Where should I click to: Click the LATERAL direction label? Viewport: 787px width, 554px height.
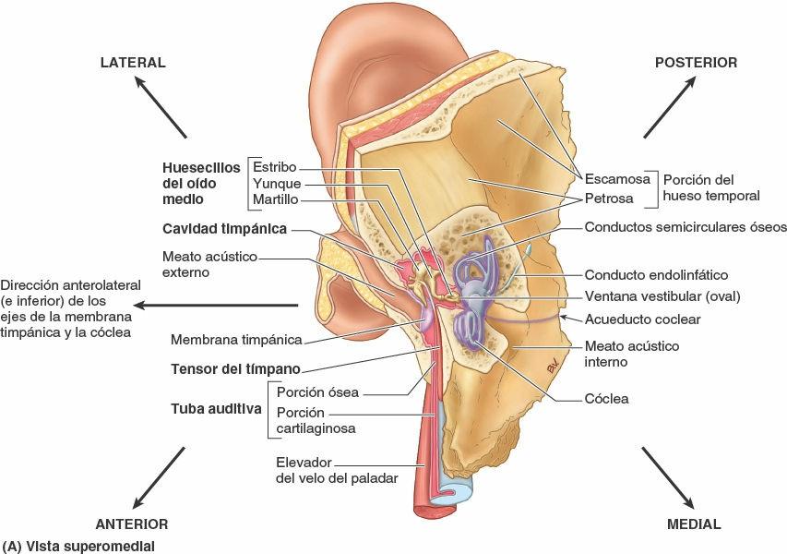tap(132, 63)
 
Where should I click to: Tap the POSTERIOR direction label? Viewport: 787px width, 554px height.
tap(696, 63)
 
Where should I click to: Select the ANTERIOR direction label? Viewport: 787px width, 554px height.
tap(132, 524)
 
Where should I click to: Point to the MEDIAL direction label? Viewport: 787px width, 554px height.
tap(693, 524)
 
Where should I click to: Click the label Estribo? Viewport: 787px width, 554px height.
tap(274, 167)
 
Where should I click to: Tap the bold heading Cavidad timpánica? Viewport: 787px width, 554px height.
tap(224, 228)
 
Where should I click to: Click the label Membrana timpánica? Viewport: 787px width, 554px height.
tap(250, 340)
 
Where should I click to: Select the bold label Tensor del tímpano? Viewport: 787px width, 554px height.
tap(236, 369)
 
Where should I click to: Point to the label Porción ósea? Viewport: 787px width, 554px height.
tap(317, 392)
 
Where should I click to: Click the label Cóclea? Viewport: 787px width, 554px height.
tap(606, 399)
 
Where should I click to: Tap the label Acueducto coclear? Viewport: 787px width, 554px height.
tap(643, 319)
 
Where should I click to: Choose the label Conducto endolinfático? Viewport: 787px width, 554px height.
tap(657, 275)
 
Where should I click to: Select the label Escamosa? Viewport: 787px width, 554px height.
tap(619, 178)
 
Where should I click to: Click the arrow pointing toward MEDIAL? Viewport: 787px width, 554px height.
tap(668, 476)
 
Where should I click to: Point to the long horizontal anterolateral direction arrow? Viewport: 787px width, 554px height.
tap(222, 305)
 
